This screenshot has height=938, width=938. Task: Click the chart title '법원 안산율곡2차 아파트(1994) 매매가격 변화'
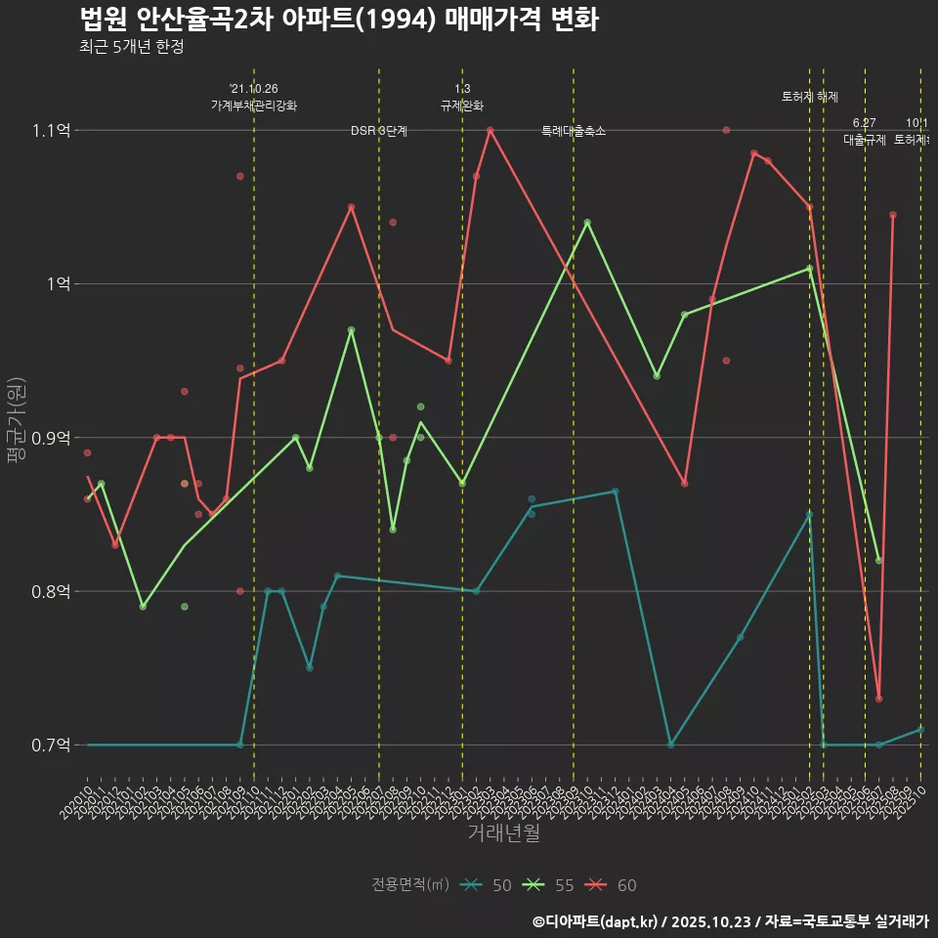(x=338, y=20)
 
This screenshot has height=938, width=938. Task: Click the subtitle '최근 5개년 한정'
(x=131, y=47)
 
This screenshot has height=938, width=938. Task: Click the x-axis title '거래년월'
(x=503, y=833)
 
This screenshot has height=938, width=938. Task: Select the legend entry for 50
(x=489, y=885)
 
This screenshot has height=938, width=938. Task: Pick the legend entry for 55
(x=551, y=885)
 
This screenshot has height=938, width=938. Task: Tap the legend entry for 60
(x=614, y=885)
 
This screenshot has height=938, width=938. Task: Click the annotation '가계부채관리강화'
(x=254, y=106)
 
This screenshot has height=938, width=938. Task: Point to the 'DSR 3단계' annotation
(x=379, y=131)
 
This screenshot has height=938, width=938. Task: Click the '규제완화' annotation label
(x=462, y=106)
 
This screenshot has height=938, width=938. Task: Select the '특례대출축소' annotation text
(x=574, y=131)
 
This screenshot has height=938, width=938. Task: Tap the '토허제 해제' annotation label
(x=810, y=97)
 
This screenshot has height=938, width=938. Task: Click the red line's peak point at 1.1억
(x=490, y=130)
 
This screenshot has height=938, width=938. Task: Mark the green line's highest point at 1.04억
(x=587, y=222)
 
